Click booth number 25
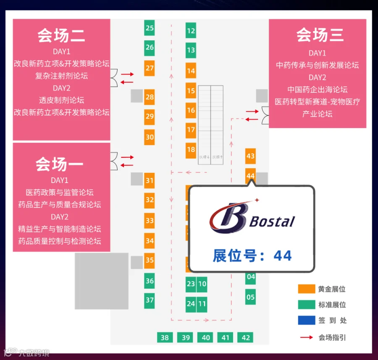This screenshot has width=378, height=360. pos(150,28)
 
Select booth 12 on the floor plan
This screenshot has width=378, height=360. pos(191,31)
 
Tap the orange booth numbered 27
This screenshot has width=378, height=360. pos(150,68)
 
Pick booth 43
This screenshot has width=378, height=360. pos(250,157)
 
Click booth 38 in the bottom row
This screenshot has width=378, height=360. pos(165,337)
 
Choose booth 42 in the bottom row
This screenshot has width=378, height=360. pos(246,337)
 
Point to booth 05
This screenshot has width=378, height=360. pos(250,297)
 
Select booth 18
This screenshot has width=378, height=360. pos(191,150)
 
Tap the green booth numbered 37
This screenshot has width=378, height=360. pos(150,300)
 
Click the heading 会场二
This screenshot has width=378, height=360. pos(61,36)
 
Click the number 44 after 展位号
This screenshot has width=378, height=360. pos(282,256)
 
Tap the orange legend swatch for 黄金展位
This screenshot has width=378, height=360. pos(306,289)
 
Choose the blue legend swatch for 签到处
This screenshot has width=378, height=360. pos(306,320)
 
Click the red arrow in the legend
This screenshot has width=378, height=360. pos(306,337)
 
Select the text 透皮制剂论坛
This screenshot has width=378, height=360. pos(61,100)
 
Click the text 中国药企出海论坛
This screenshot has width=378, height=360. pos(317,89)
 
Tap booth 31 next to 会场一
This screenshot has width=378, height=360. pos(150,180)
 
